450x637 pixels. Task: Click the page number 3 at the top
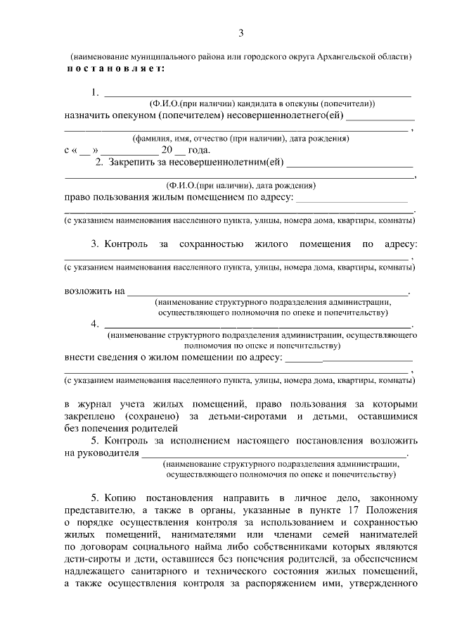click(241, 33)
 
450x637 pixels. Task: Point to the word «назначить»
click(87, 116)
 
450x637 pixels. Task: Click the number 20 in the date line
click(167, 151)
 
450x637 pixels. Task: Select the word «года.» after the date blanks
click(198, 151)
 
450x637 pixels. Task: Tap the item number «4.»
click(94, 324)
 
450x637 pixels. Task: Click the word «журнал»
click(103, 405)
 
